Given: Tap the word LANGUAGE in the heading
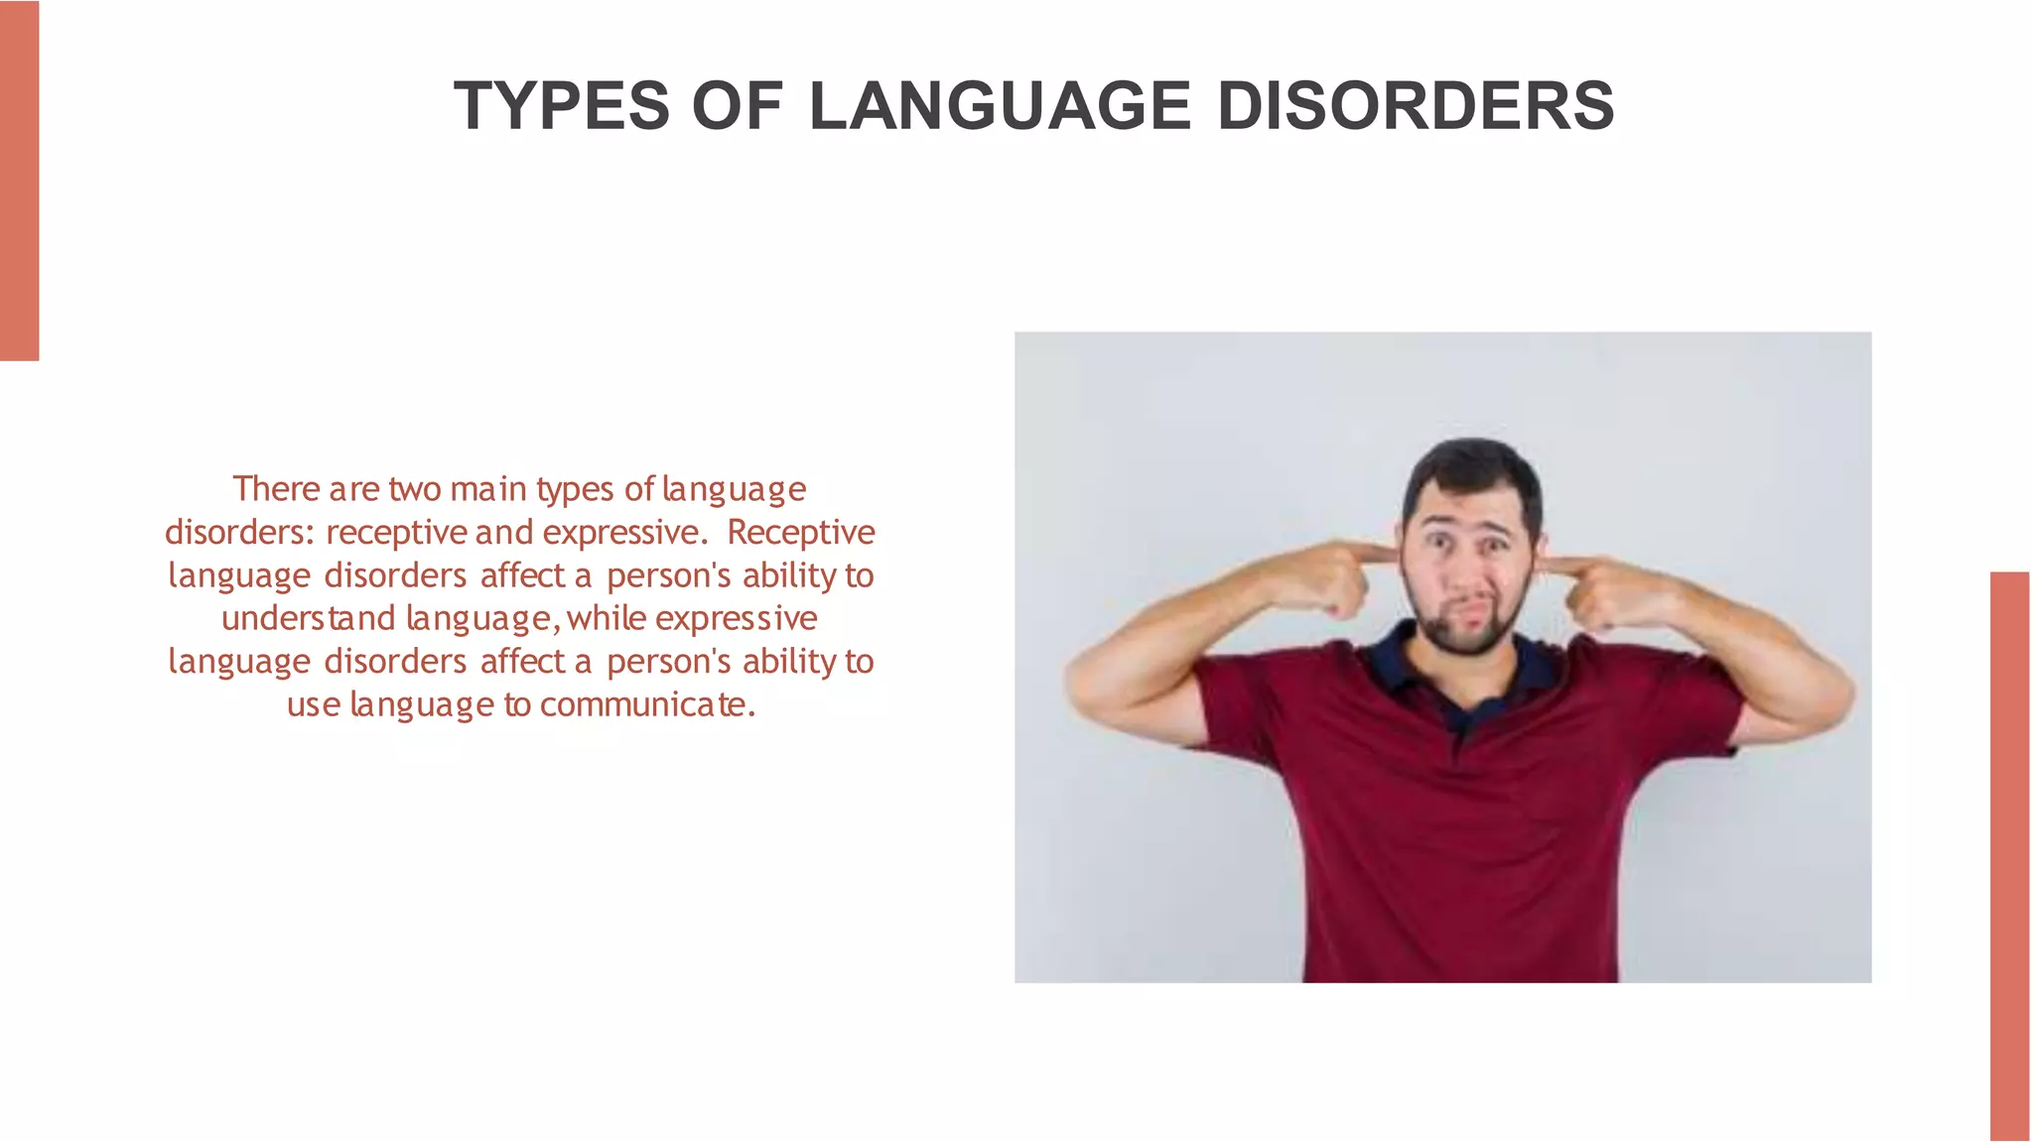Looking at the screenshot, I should pos(1000,106).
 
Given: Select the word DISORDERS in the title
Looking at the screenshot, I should pos(1415,106).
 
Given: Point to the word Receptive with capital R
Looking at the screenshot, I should pos(800,533).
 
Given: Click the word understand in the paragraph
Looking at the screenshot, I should pos(309,618).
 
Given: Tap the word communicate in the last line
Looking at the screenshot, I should pos(647,704).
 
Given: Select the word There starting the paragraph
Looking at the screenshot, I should pos(277,489).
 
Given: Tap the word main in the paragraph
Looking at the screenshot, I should pos(487,489).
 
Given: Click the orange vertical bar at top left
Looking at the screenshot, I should pos(19,180).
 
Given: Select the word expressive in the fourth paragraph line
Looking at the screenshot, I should pos(736,618).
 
